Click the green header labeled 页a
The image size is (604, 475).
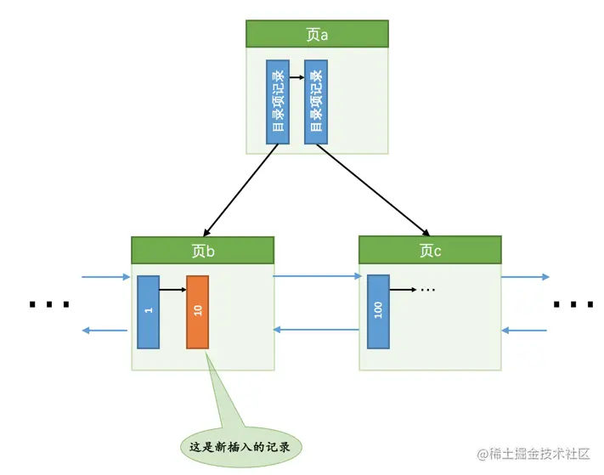tap(317, 34)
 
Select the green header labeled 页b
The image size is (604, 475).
tap(202, 251)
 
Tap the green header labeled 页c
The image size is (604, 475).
tap(430, 251)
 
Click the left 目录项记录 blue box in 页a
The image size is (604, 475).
tap(278, 101)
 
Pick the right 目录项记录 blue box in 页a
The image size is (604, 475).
tap(316, 101)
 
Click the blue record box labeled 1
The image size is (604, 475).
tap(148, 311)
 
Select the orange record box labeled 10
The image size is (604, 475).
tap(197, 312)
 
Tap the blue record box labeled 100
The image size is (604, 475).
tap(378, 311)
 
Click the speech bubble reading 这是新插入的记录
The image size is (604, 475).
tap(242, 445)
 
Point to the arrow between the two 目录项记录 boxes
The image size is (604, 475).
tap(296, 76)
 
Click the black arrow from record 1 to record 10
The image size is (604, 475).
tap(172, 290)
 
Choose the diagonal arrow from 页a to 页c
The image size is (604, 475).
tap(372, 189)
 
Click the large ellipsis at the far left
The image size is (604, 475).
tap(48, 304)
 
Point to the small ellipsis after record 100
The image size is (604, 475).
tap(427, 290)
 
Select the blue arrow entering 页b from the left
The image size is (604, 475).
tap(106, 276)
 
